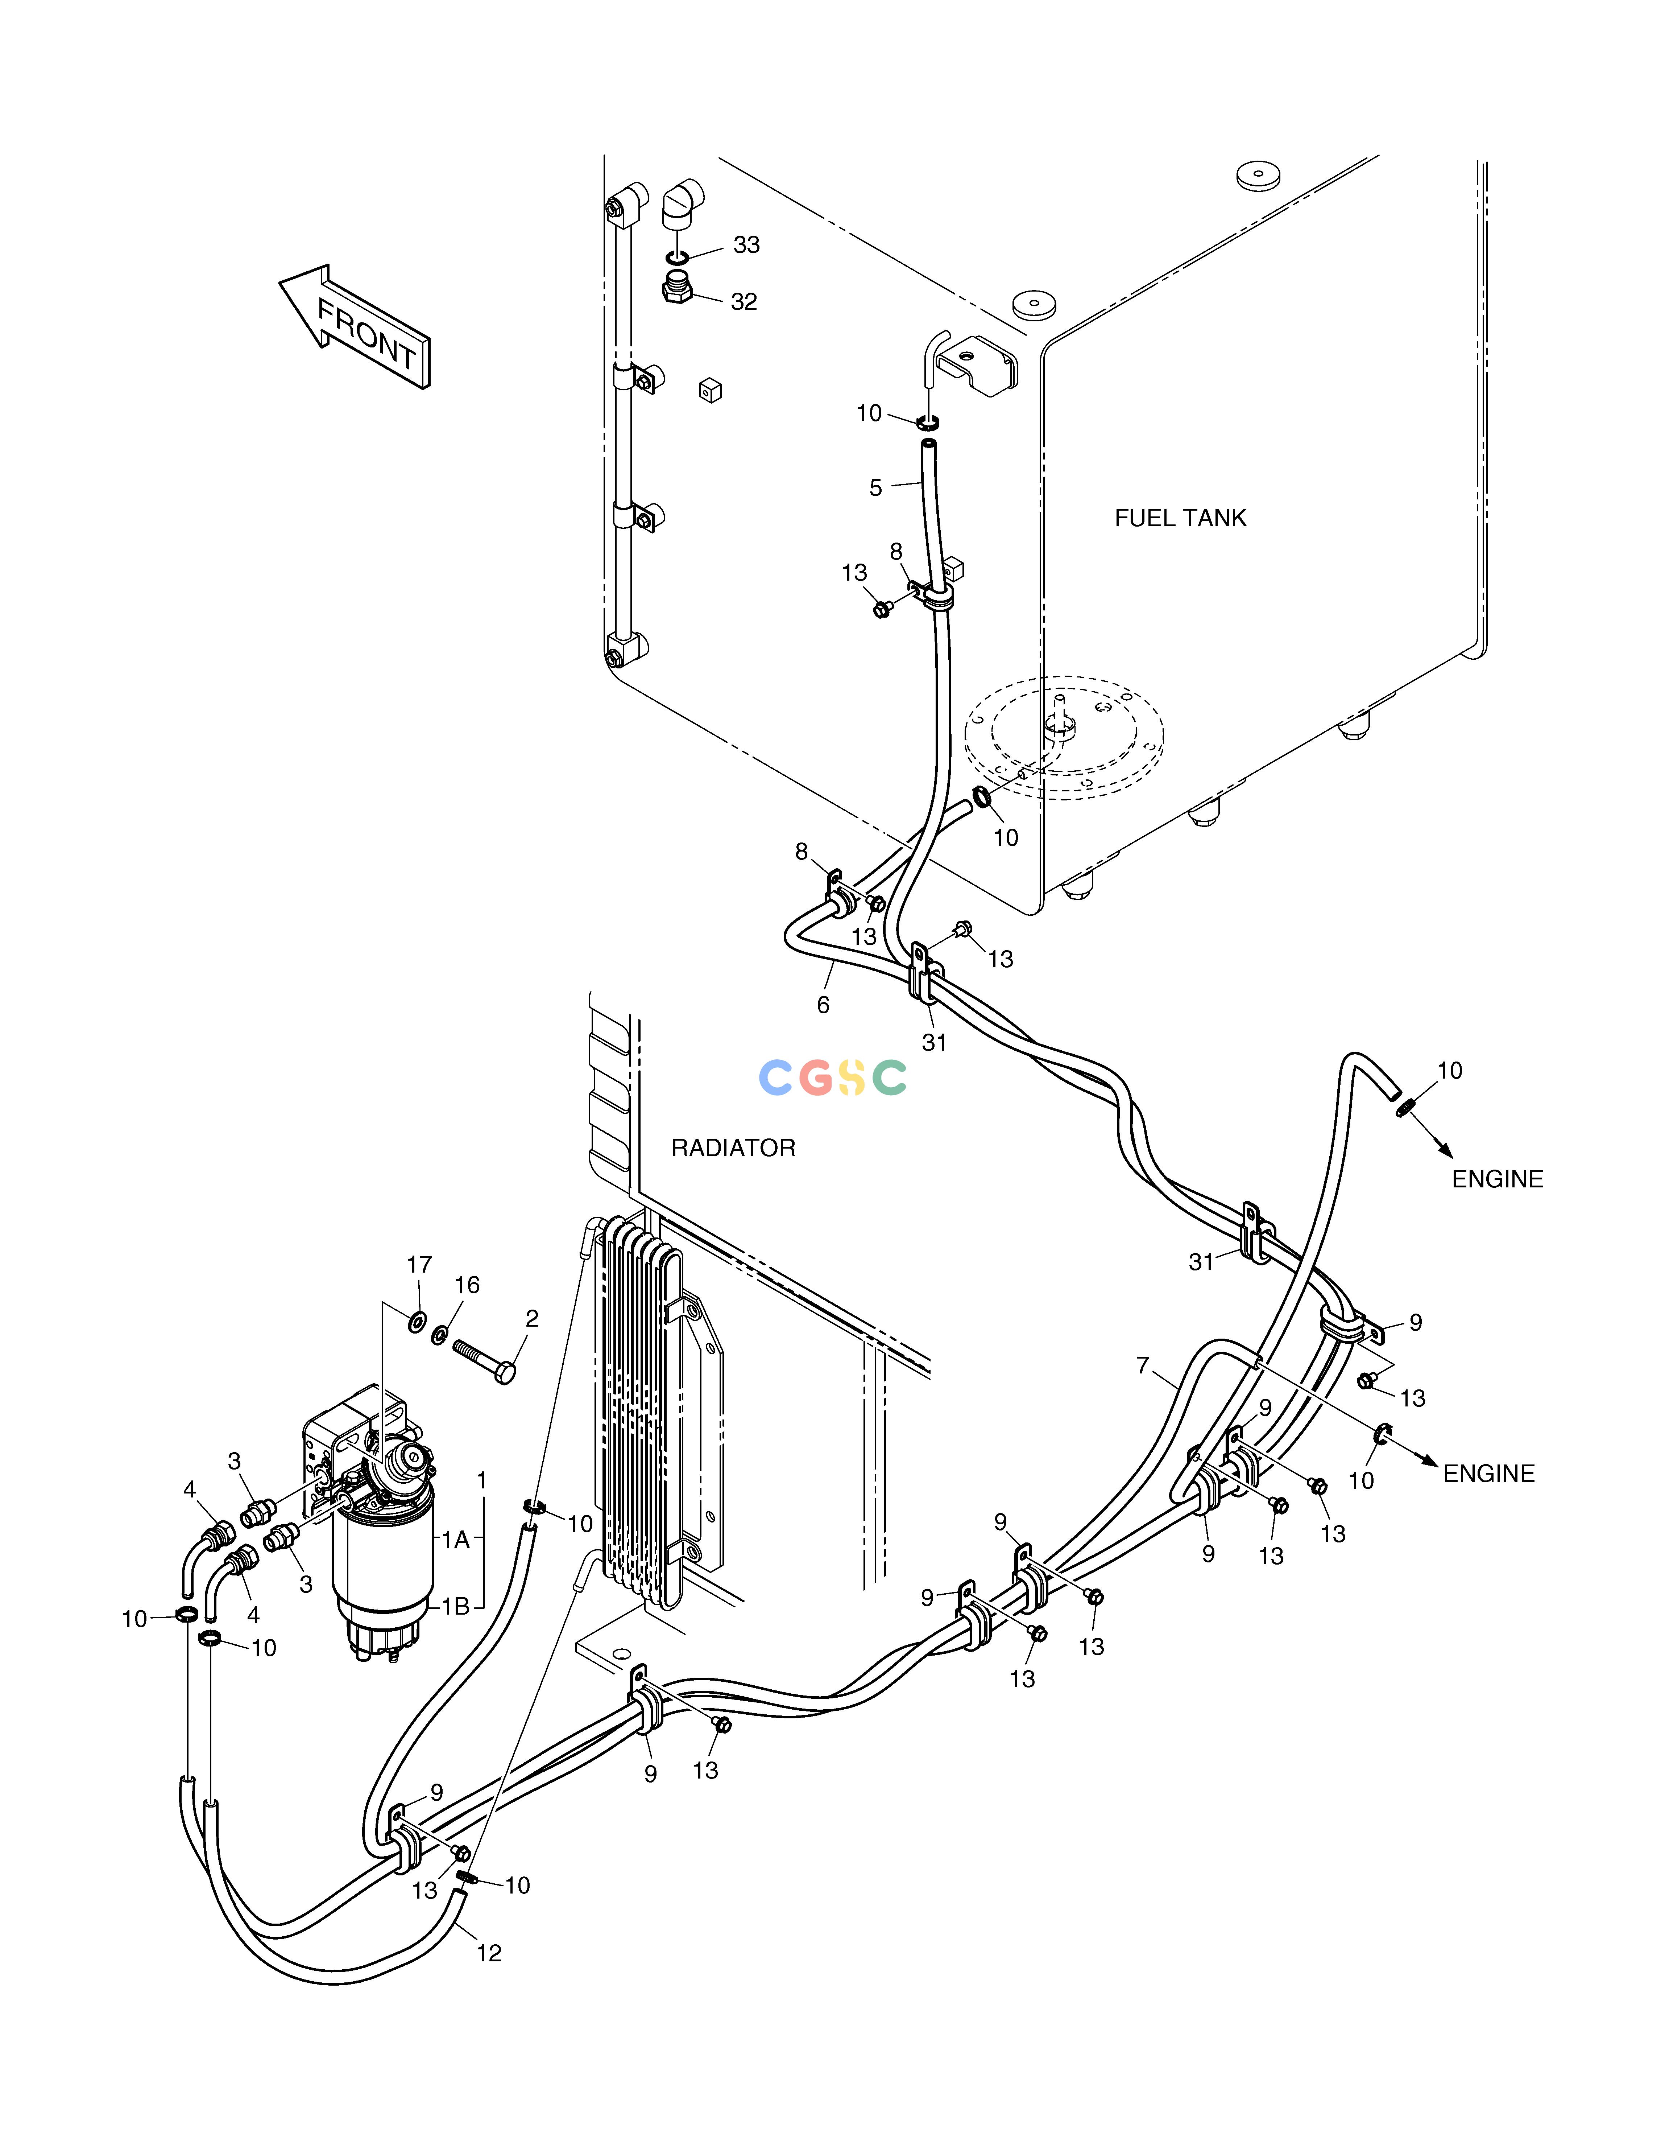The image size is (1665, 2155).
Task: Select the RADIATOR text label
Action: pos(733,1147)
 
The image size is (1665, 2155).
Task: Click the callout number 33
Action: pos(747,245)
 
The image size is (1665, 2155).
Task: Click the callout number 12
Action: pos(489,1954)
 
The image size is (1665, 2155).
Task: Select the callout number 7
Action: pos(1143,1365)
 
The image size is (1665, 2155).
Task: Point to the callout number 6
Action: pos(823,1005)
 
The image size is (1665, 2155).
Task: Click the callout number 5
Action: pos(875,487)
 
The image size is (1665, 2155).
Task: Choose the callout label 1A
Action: pos(455,1539)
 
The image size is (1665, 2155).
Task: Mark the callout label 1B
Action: pos(455,1606)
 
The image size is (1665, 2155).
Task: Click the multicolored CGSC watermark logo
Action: pos(832,1077)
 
